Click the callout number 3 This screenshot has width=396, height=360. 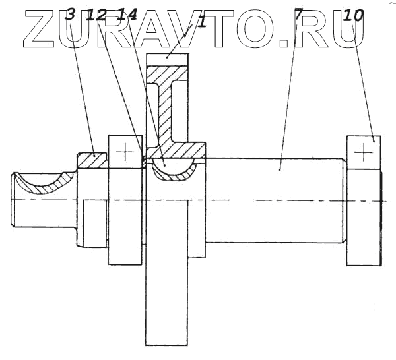71,15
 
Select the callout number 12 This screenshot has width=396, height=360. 98,15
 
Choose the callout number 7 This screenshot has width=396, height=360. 298,15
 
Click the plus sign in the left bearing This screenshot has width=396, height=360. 125,152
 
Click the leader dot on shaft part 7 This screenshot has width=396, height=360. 280,169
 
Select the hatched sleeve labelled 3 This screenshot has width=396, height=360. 91,160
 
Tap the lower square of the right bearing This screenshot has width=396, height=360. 364,248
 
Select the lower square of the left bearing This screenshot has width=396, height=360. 125,247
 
